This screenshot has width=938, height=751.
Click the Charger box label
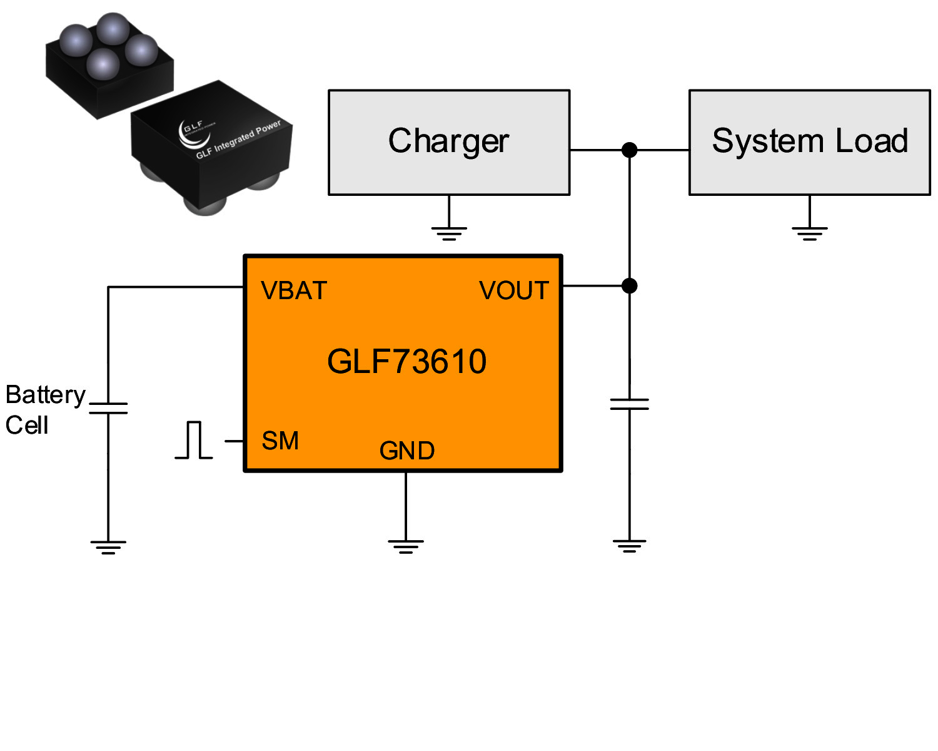448,141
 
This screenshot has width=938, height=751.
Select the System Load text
809,141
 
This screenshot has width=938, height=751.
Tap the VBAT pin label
294,291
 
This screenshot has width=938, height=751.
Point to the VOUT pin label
513,291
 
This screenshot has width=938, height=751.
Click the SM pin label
280,441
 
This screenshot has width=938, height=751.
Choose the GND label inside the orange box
406,451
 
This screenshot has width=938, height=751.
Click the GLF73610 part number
406,362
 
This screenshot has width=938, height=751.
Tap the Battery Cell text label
44,410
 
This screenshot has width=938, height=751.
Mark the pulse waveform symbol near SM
194,441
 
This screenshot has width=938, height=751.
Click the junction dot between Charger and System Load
630,150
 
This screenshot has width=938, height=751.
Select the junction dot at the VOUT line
630,286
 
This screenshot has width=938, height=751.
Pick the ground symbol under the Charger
449,233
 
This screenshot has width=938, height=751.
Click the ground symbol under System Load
809,233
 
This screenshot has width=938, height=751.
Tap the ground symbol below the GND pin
406,546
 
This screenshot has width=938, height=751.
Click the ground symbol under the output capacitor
629,546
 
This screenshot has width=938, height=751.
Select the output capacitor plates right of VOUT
629,404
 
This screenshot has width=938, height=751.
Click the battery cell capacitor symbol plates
108,408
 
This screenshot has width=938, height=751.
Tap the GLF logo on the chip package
191,133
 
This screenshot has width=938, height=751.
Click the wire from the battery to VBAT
175,287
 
